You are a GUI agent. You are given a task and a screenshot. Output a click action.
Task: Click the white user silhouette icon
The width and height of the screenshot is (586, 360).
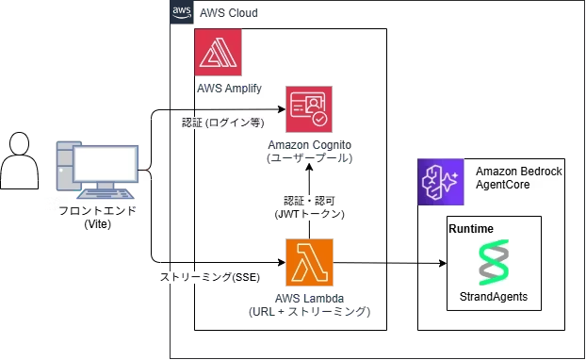click(x=20, y=162)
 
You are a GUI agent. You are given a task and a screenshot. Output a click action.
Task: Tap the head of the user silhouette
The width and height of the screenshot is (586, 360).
click(x=20, y=144)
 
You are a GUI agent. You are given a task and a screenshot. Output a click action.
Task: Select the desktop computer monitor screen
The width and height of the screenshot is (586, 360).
click(x=106, y=164)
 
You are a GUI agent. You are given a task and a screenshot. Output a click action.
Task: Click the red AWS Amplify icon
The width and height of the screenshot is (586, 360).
click(x=219, y=52)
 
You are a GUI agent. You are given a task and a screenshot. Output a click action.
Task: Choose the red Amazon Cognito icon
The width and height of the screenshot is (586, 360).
click(x=309, y=109)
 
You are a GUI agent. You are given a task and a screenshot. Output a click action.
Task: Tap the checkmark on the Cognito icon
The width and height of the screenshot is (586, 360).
click(x=319, y=120)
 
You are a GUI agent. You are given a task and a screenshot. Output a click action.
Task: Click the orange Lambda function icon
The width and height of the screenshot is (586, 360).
click(x=309, y=262)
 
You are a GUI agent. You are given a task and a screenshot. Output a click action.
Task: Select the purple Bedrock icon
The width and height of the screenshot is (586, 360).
click(x=441, y=182)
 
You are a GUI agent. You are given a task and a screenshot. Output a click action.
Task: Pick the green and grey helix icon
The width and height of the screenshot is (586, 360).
click(x=493, y=262)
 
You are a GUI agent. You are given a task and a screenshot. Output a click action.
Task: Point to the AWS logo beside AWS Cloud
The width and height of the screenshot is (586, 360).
click(x=182, y=13)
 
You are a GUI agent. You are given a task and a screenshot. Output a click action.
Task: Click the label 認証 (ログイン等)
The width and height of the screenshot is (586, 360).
click(x=222, y=123)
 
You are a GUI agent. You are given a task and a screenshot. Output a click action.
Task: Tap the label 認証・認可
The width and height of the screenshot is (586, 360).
click(x=309, y=202)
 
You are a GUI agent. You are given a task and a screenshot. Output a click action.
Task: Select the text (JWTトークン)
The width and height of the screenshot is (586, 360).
click(x=309, y=215)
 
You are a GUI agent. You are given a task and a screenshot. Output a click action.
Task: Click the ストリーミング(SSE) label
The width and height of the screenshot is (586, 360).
click(x=209, y=277)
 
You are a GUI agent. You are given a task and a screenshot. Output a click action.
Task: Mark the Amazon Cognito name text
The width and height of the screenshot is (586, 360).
click(x=309, y=144)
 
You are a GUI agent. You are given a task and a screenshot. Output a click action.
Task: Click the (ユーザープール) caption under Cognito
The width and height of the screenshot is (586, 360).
click(x=309, y=157)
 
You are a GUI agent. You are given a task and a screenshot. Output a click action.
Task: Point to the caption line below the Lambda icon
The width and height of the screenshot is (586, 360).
click(x=309, y=311)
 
